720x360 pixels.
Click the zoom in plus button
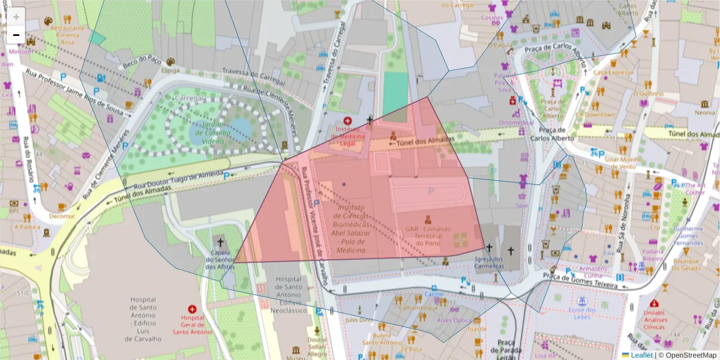[16, 17]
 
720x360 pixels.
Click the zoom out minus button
[16, 35]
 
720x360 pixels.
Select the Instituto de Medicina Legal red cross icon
[347, 121]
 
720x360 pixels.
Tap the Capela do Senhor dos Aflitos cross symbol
[220, 243]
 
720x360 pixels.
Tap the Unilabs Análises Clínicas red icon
[653, 304]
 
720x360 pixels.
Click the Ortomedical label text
[516, 122]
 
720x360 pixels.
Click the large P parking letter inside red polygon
[430, 191]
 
